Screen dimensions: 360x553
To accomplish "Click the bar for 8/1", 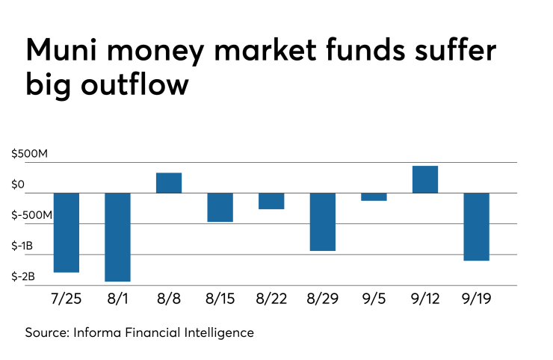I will coord(117,237).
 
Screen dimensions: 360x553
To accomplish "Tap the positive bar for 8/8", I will coord(169,183).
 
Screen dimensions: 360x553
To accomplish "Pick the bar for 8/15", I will coord(220,207).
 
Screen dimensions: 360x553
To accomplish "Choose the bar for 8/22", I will coord(271,201).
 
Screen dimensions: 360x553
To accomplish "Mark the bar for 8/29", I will coord(323,222).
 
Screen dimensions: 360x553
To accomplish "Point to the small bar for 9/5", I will coord(374,197).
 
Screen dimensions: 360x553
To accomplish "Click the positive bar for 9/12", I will coord(425,179).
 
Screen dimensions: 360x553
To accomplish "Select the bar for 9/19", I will coord(476,226).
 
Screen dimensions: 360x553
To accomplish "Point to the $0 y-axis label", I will coord(19,184).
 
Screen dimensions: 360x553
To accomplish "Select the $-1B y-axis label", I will coord(22,246).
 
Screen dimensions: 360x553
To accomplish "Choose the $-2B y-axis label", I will coord(22,276).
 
